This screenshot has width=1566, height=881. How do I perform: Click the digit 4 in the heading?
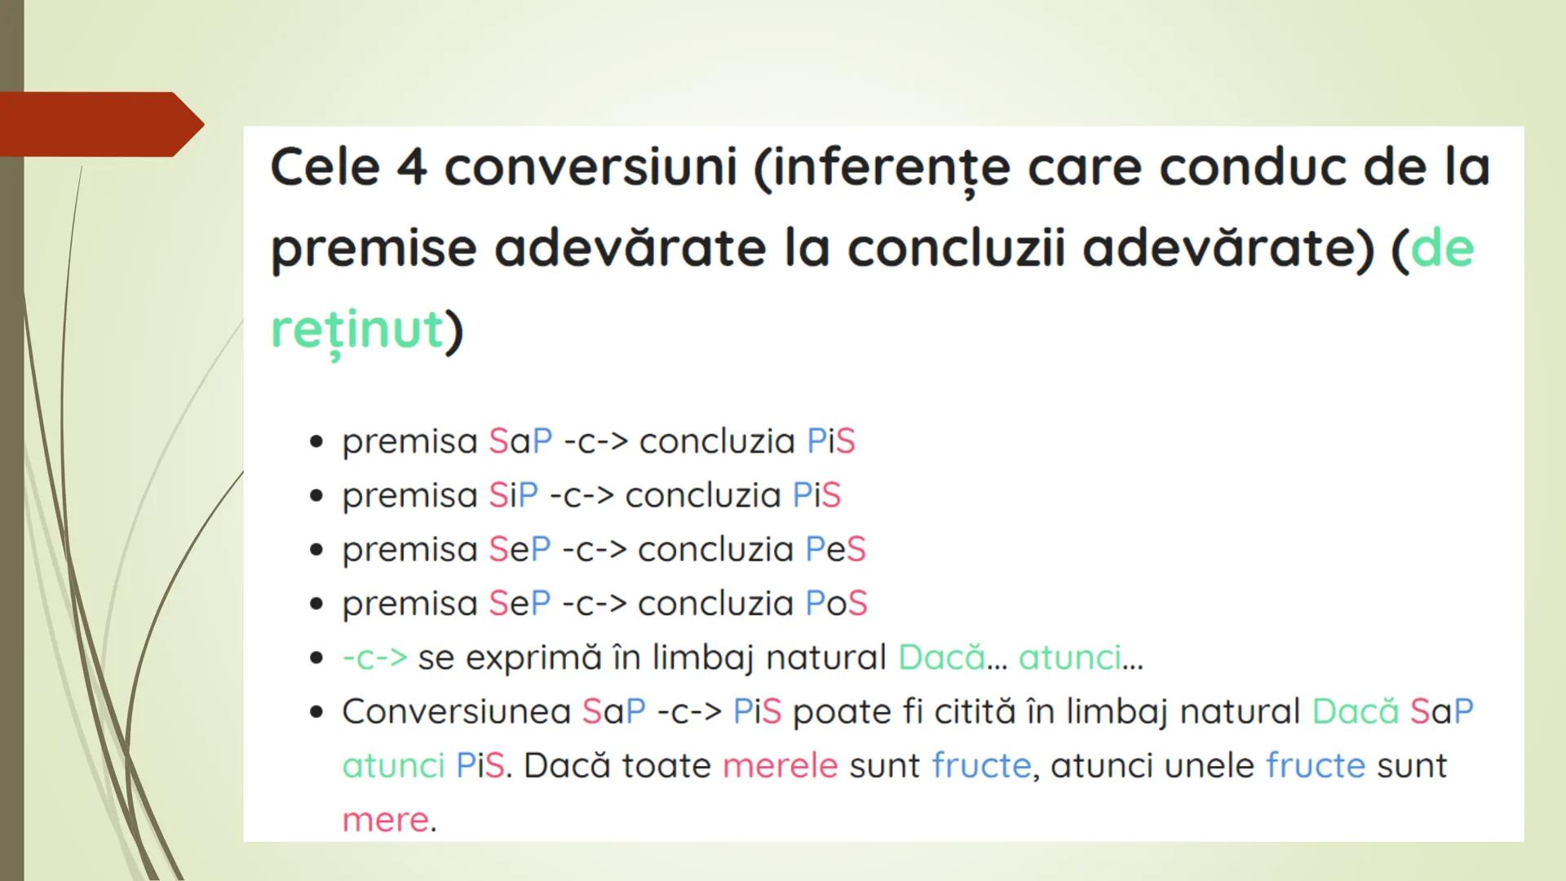pos(412,168)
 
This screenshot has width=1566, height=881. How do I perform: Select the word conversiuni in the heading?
pos(591,168)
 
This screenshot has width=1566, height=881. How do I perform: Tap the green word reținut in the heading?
pos(356,330)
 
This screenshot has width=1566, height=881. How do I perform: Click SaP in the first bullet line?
pos(520,441)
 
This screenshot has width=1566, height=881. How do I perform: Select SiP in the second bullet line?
pos(513,495)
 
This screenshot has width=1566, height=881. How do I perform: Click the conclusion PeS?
pos(835,549)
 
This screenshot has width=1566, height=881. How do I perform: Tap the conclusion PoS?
pos(836,604)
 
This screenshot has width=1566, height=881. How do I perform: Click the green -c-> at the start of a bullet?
pos(374,657)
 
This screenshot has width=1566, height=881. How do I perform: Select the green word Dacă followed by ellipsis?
pos(942,657)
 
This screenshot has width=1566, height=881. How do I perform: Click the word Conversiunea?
pos(456,711)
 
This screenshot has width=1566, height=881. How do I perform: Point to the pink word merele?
pos(780,765)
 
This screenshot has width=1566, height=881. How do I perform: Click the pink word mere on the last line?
pos(385,819)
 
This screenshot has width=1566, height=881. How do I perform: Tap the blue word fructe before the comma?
pos(981,765)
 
